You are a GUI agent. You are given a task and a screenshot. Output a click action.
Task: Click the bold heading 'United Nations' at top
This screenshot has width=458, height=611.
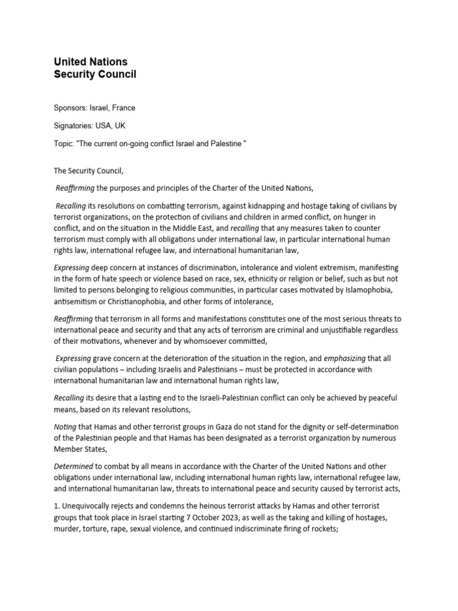tap(91, 62)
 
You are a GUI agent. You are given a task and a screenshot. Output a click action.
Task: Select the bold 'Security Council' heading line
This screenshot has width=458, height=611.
tap(95, 75)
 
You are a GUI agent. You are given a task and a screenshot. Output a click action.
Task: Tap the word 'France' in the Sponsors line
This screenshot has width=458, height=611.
tap(123, 108)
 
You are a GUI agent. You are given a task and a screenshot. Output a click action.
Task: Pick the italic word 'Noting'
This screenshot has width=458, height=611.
tap(67, 427)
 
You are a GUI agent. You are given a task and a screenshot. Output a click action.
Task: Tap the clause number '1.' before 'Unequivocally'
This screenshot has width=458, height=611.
tap(57, 507)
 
